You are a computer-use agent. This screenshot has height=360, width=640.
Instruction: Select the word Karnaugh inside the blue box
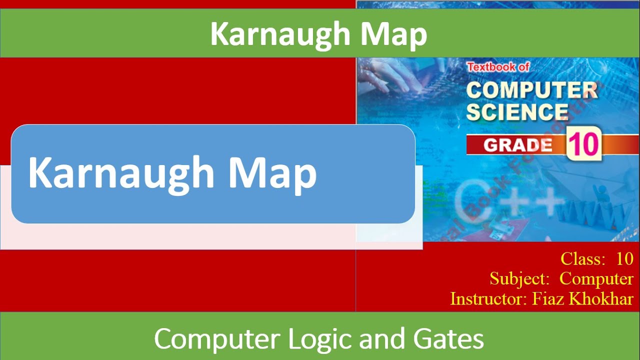121,173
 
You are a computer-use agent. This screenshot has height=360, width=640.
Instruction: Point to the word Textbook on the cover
485,66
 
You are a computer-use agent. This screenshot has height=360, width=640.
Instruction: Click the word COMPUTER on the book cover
531,90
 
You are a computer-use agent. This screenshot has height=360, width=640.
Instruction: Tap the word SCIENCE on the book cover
516,111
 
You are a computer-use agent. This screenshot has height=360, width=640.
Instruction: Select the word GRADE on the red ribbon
517,145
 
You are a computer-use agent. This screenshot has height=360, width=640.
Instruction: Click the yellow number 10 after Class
624,259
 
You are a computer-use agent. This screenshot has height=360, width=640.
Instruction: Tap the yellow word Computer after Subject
596,278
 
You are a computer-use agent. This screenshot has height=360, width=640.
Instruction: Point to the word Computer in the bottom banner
218,339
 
